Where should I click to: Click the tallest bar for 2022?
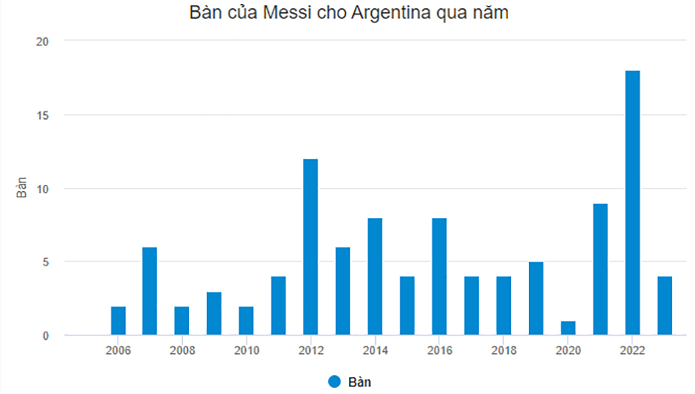(632, 203)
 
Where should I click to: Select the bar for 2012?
(311, 247)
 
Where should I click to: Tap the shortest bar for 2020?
(568, 328)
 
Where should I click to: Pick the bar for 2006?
(118, 321)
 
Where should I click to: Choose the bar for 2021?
(600, 270)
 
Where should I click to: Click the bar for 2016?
(439, 277)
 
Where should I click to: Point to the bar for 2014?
(375, 277)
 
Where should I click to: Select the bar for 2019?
(536, 299)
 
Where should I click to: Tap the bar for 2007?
(150, 291)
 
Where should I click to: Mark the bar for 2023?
(665, 306)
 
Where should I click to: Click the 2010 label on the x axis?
(247, 350)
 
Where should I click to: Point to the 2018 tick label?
(504, 350)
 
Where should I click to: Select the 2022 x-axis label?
(632, 350)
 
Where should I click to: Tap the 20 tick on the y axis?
(42, 41)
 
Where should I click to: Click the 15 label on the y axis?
(42, 115)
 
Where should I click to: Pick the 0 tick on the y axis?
(45, 336)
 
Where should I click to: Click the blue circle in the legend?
(334, 381)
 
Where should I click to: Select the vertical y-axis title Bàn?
(22, 188)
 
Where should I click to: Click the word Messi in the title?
(281, 15)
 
